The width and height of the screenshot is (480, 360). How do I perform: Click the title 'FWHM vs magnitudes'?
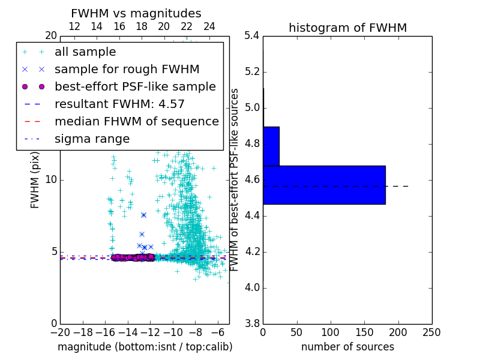[x=136, y=14]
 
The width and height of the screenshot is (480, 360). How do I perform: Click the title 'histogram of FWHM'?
[x=347, y=28]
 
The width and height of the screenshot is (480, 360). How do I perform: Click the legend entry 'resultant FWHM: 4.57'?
[x=119, y=104]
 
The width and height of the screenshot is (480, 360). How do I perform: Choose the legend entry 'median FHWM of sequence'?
[x=136, y=121]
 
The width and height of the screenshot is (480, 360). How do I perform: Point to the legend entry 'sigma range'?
[x=92, y=139]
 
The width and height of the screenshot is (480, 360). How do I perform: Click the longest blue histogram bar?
[x=324, y=185]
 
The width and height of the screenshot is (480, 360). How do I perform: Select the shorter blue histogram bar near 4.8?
[x=271, y=146]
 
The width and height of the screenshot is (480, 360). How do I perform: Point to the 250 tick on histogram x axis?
[x=431, y=332]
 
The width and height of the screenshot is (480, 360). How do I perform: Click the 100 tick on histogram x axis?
[x=330, y=332]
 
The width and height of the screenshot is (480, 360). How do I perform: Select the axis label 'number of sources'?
[x=347, y=347]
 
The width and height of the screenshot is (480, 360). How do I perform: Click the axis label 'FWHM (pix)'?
[x=35, y=179]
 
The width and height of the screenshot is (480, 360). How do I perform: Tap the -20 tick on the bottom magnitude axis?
[x=60, y=332]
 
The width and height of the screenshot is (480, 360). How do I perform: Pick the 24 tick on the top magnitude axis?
[x=209, y=27]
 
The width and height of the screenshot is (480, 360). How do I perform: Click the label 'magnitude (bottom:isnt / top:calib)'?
[x=145, y=347]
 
